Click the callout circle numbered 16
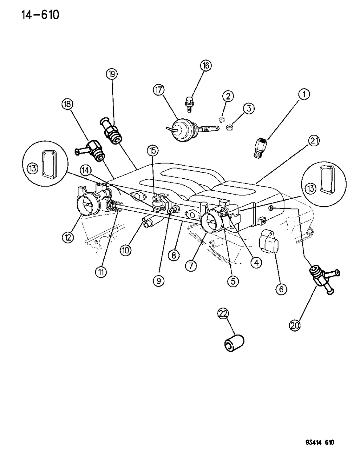tap(206, 66)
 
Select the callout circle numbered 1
tap(304, 95)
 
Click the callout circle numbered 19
tap(112, 74)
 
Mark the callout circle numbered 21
tap(314, 141)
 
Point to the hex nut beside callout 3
tap(229, 128)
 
